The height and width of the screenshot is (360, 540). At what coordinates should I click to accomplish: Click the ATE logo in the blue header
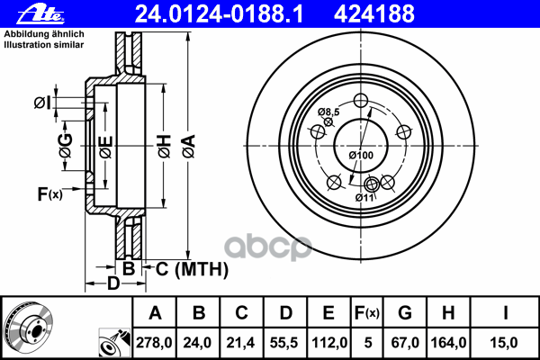click(x=41, y=14)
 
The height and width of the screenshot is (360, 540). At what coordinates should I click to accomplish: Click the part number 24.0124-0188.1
click(x=219, y=14)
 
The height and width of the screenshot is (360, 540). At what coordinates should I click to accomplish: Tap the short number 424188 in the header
click(x=374, y=14)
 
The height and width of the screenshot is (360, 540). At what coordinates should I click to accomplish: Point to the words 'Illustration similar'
click(x=44, y=45)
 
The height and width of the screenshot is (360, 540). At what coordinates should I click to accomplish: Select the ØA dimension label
click(x=189, y=147)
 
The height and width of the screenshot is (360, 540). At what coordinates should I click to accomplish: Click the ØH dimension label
click(x=165, y=147)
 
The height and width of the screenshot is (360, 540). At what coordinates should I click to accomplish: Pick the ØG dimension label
click(x=66, y=146)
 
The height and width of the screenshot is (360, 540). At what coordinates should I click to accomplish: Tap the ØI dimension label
click(x=42, y=103)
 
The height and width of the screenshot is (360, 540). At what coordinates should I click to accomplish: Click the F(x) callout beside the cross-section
click(x=49, y=193)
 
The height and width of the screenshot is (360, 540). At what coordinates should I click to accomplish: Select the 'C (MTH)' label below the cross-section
click(x=192, y=269)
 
